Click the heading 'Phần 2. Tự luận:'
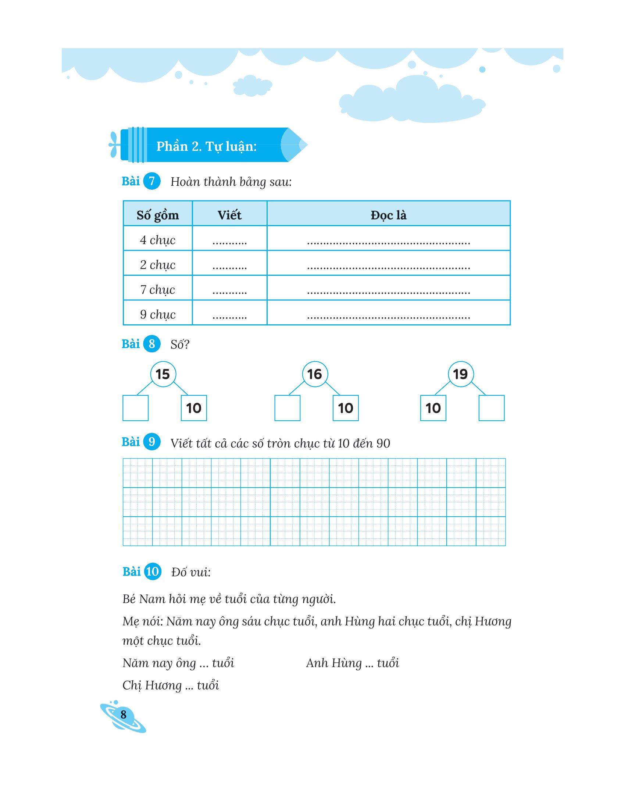[206, 147]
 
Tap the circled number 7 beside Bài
[151, 182]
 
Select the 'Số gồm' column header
[158, 215]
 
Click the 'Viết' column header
[229, 215]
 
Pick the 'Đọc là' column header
[388, 215]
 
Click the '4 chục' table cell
[158, 240]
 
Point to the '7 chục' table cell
[158, 289]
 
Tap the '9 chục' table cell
[158, 314]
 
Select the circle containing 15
[163, 374]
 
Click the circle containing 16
[315, 374]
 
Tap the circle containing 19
[461, 374]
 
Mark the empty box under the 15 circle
[136, 408]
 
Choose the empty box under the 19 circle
[491, 408]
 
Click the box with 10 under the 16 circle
[346, 408]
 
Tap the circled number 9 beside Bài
[151, 442]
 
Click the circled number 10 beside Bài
[152, 571]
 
